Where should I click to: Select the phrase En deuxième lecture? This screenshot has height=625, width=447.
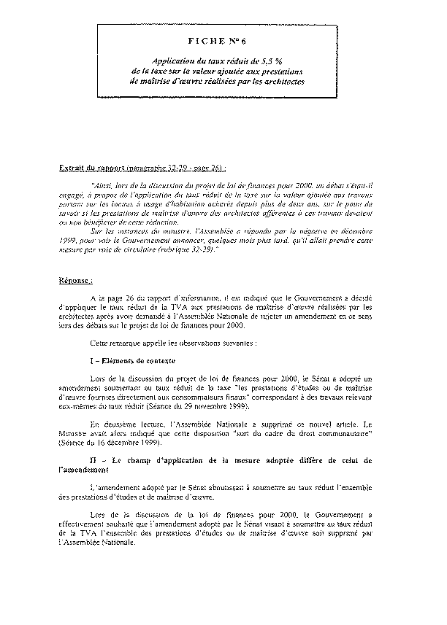126,424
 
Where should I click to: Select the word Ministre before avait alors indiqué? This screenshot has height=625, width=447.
72,434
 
